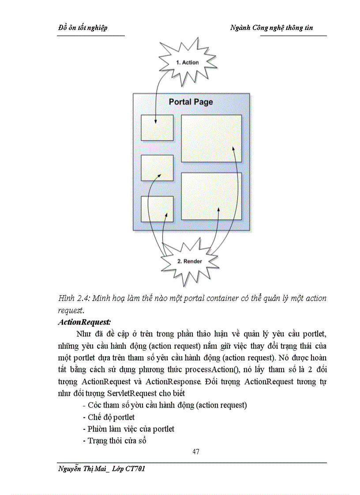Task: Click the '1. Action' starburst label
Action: [x=187, y=63]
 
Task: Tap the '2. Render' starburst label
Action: [x=189, y=261]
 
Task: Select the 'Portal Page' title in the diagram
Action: [x=191, y=102]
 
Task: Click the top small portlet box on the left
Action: [x=157, y=128]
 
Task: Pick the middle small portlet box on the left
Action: [x=157, y=168]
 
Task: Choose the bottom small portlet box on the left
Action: [x=157, y=209]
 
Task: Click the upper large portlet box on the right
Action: [x=211, y=138]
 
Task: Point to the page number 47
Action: [x=196, y=452]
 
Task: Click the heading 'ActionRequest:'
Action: [x=84, y=322]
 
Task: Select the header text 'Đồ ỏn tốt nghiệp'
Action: [x=83, y=28]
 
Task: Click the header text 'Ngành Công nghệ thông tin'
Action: [x=272, y=28]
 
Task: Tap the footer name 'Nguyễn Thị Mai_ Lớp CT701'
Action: [x=101, y=469]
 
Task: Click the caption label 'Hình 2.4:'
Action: [x=74, y=298]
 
